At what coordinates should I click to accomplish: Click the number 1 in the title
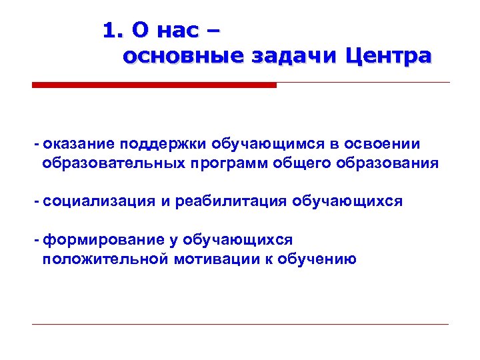(109, 30)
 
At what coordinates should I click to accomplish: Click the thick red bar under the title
(154, 85)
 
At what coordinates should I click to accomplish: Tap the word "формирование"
(96, 240)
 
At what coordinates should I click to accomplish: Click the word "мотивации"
(210, 259)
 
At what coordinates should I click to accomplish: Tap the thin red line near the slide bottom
(240, 324)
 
